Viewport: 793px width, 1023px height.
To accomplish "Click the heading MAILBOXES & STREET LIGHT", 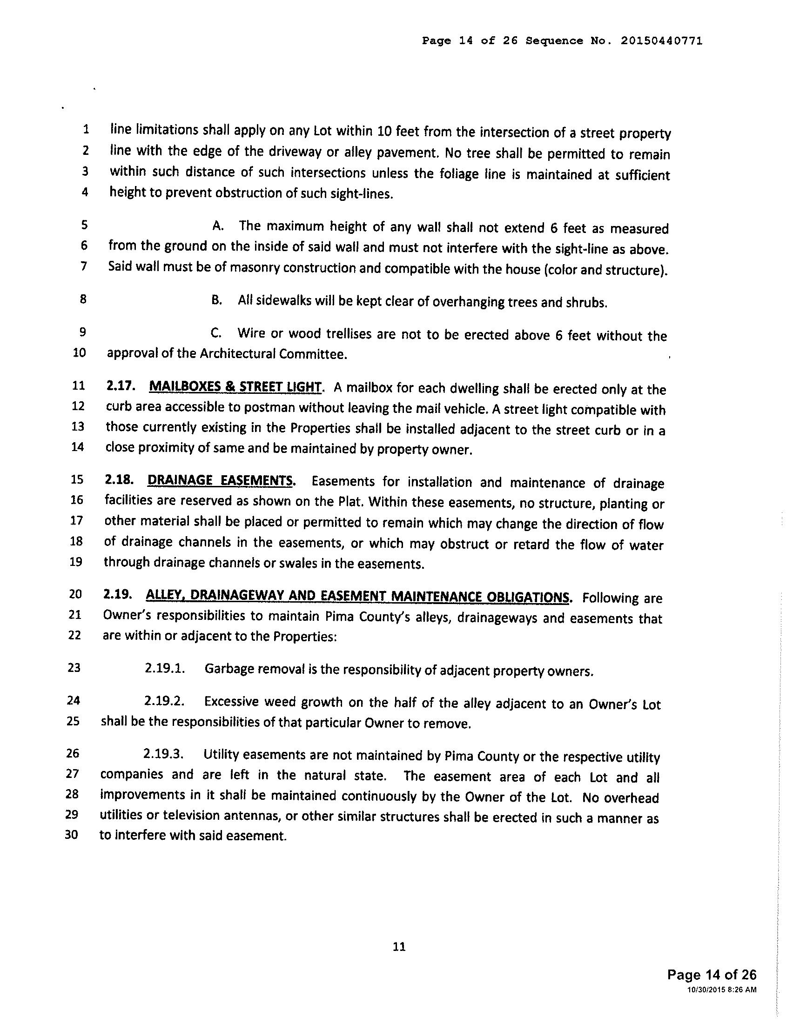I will point(235,387).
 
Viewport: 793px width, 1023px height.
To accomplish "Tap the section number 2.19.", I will point(115,595).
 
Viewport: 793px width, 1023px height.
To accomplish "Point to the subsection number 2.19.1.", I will point(164,668).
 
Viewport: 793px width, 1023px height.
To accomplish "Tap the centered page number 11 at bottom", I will point(399,947).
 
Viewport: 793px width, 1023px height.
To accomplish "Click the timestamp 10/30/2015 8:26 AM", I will point(721,990).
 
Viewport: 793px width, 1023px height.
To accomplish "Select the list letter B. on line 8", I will point(216,300).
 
